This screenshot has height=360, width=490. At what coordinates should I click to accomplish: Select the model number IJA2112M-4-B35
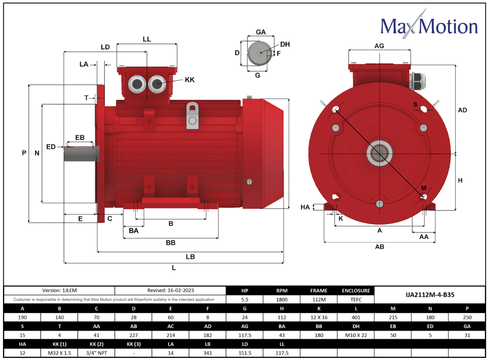tap(429, 294)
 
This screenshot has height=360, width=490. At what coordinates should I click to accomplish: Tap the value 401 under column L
tap(356, 317)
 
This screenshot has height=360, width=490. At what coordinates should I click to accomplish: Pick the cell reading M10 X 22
tap(356, 335)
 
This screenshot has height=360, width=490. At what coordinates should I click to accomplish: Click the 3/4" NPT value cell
tap(96, 353)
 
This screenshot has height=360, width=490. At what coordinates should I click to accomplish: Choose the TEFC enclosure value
tap(356, 300)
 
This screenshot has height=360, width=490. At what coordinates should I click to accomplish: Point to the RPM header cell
tap(282, 290)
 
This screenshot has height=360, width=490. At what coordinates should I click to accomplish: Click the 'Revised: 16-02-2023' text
tap(170, 290)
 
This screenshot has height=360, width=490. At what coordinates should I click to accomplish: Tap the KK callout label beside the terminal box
tap(190, 80)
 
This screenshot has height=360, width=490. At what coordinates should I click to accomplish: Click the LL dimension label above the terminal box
tap(147, 39)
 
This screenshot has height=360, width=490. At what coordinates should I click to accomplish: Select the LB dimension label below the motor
tap(190, 257)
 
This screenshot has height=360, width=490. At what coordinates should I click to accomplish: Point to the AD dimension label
tap(462, 110)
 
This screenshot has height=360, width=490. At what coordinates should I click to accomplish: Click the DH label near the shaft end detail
tap(285, 45)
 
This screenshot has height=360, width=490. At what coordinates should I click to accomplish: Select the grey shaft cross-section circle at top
tap(258, 53)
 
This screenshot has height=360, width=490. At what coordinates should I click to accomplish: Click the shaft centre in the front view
tap(380, 154)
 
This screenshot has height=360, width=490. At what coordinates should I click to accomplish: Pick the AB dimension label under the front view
tap(379, 247)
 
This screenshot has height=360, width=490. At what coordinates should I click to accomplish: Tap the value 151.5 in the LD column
tap(245, 353)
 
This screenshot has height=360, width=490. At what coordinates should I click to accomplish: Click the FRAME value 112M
tap(319, 300)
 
